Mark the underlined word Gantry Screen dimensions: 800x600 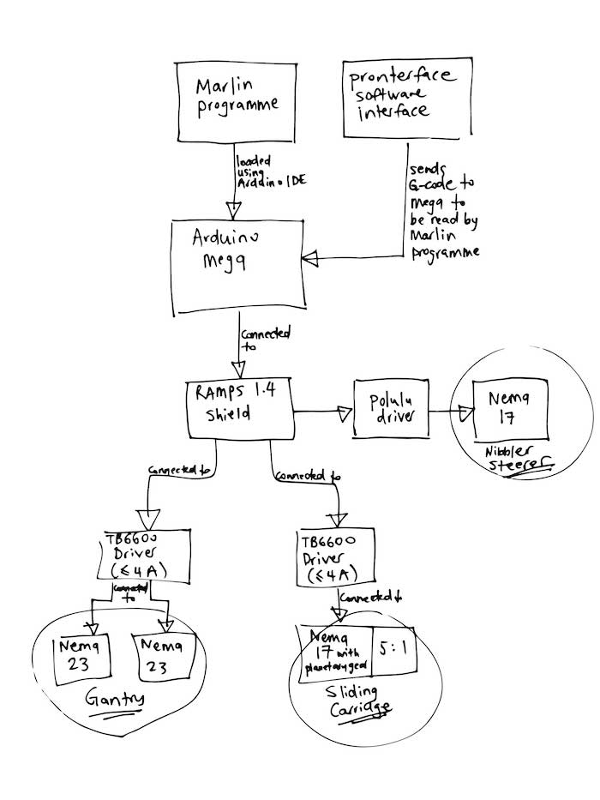pyautogui.click(x=115, y=701)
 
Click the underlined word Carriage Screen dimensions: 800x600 pyautogui.click(x=363, y=708)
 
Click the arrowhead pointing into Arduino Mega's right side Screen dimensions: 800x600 pyautogui.click(x=311, y=256)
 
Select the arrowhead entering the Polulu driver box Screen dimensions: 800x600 pyautogui.click(x=345, y=414)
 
